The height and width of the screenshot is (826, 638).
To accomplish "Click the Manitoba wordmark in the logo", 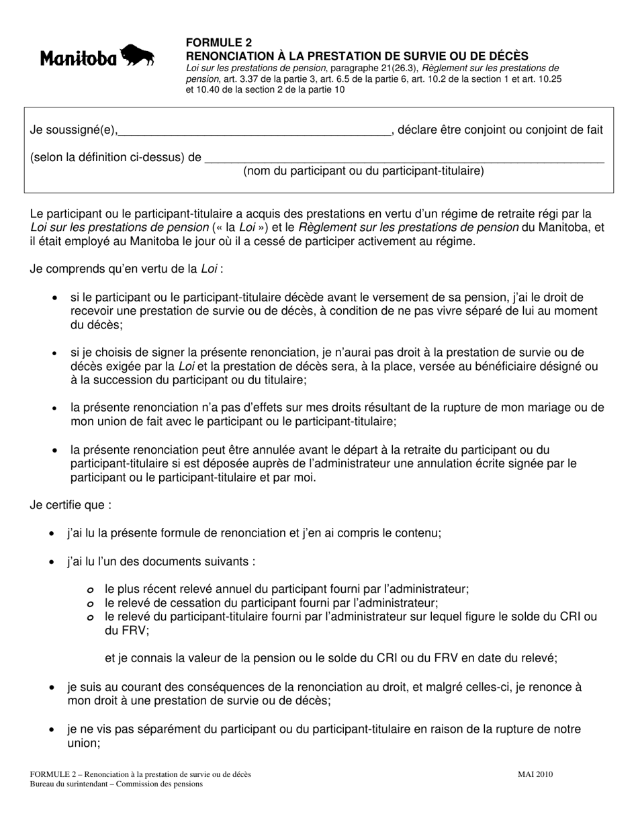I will (79, 59).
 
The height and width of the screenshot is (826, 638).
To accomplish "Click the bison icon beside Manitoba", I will (138, 56).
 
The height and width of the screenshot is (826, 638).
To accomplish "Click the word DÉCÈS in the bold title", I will (505, 56).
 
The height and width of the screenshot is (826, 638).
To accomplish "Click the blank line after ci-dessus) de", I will (403, 159).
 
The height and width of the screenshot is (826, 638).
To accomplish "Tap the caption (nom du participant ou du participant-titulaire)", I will (363, 171).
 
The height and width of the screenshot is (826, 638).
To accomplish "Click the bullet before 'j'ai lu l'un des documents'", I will (52, 561).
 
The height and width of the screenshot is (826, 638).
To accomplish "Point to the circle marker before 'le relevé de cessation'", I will (90, 604).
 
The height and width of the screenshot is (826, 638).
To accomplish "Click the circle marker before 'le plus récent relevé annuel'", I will (90, 590).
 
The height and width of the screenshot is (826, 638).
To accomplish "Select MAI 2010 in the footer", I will (535, 774).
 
